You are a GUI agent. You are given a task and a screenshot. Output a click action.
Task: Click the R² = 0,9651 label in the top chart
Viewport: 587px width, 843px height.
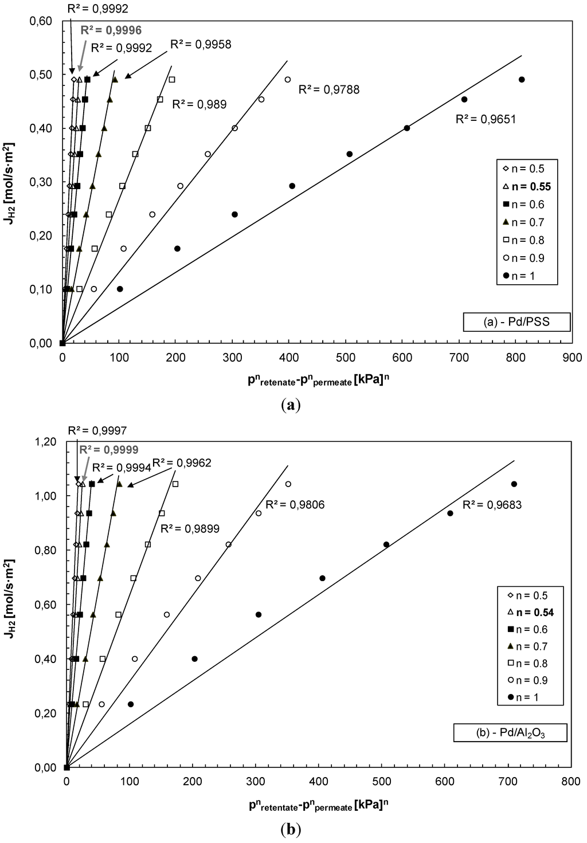[x=486, y=120]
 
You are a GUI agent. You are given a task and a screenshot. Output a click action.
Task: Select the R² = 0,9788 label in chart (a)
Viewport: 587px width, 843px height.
[x=329, y=89]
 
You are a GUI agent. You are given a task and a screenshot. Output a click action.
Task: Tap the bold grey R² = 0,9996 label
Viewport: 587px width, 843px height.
[x=111, y=30]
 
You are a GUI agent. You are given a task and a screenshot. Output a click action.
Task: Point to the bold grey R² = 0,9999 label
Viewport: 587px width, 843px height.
[x=108, y=450]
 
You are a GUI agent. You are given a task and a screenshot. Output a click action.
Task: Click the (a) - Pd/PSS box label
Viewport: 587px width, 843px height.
[x=516, y=321]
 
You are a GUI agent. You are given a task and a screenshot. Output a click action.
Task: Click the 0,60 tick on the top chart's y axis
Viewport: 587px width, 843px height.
[x=41, y=21]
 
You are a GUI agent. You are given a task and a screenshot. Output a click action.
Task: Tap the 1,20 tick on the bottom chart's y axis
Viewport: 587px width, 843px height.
[x=44, y=442]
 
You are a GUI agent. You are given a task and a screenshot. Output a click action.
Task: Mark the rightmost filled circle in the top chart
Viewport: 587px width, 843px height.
[x=522, y=80]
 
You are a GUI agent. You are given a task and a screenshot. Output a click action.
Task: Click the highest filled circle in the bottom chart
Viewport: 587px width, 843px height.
[x=514, y=484]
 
